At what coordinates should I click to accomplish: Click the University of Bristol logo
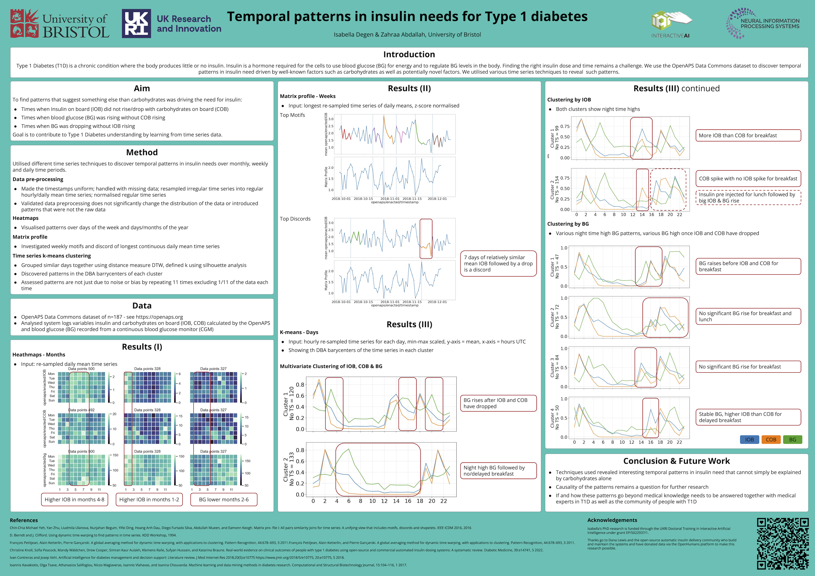tap(60, 24)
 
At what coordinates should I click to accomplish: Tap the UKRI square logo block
tap(136, 24)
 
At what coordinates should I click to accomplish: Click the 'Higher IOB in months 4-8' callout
tap(75, 499)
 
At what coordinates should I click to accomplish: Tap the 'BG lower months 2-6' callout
tap(224, 499)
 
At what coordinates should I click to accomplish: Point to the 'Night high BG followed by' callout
tap(498, 471)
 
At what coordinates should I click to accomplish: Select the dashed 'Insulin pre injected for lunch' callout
tap(748, 198)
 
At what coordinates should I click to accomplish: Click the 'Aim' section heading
tap(142, 88)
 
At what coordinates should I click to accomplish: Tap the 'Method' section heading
tap(142, 152)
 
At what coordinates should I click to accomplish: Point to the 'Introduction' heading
tap(409, 54)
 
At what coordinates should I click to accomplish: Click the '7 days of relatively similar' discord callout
tap(498, 264)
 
